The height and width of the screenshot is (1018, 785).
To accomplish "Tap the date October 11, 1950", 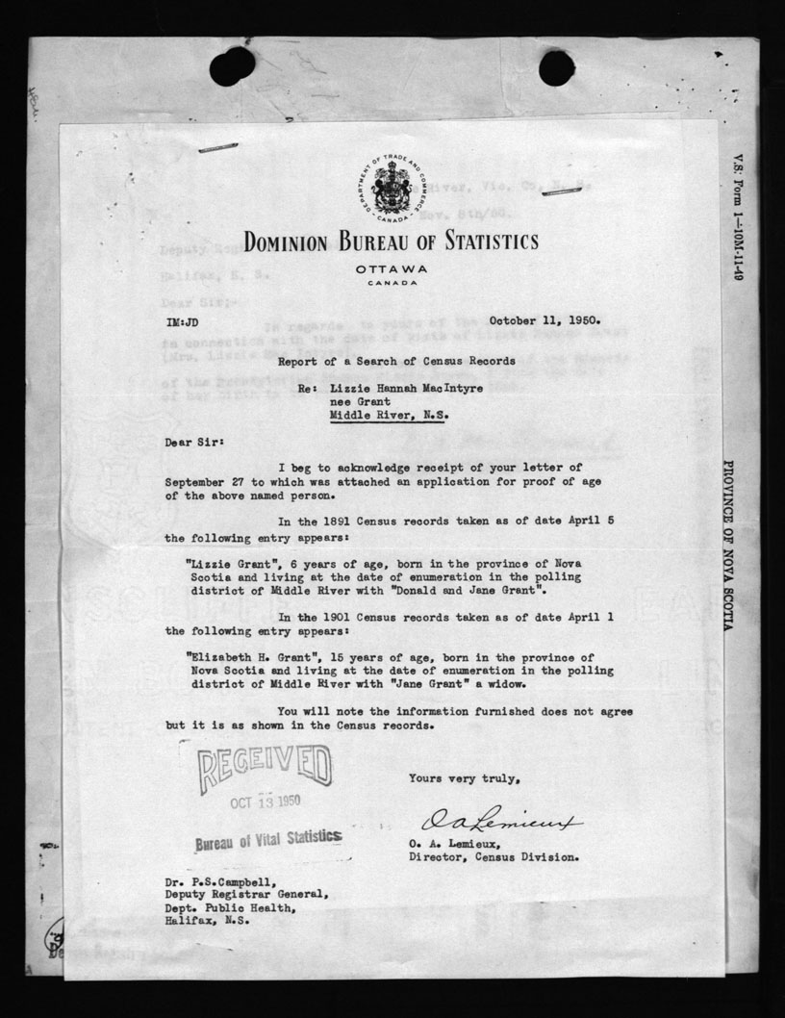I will point(545,320).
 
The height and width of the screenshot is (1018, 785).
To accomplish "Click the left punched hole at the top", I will point(232,66).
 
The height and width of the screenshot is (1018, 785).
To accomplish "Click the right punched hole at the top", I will point(556,66).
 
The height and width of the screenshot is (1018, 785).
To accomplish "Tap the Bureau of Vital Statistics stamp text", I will point(266,840).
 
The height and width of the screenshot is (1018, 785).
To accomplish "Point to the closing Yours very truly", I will point(466,777).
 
